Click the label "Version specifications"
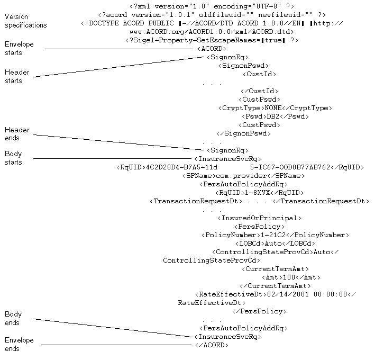click(25, 21)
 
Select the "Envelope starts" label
click(19, 48)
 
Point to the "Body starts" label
click(14, 158)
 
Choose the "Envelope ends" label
click(19, 345)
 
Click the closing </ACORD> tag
click(211, 345)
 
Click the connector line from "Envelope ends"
click(116, 345)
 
